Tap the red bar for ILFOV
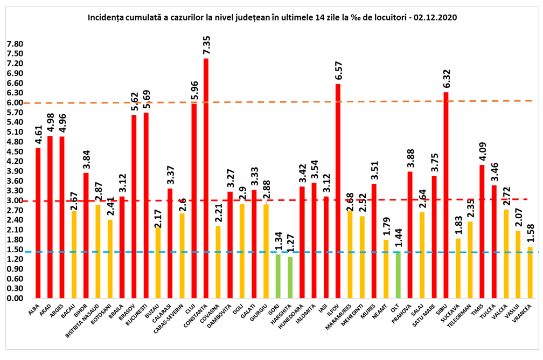coord(338,191)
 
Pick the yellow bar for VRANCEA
coord(530,273)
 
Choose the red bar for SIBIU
coord(446,195)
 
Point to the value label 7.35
coord(206,45)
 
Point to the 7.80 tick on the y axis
coord(15,44)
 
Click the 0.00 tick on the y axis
coord(15,299)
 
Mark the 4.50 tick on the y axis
coord(15,151)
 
